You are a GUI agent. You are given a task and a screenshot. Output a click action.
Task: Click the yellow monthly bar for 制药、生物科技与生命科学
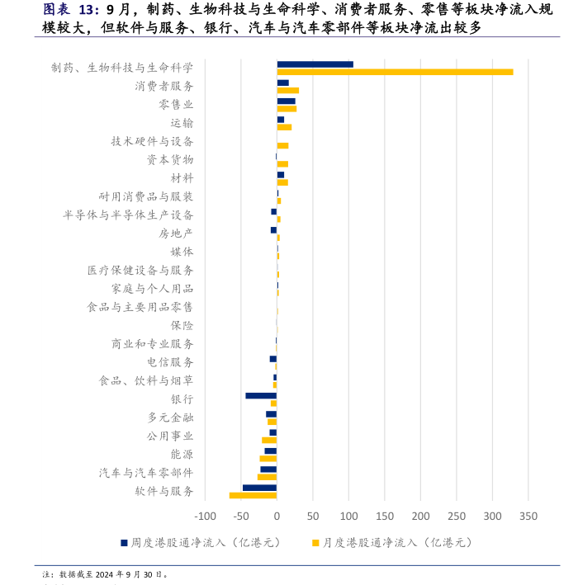(395, 72)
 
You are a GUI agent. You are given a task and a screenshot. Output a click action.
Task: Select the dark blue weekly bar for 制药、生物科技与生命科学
(315, 64)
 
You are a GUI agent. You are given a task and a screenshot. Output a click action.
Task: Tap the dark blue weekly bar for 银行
(261, 396)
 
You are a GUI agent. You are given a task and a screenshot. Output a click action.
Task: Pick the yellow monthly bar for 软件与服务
(253, 495)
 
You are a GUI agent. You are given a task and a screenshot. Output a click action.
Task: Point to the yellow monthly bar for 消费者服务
(287, 90)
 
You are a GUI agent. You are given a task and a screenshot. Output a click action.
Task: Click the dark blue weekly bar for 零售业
(286, 101)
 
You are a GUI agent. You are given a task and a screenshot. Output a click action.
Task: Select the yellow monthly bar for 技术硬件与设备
(282, 145)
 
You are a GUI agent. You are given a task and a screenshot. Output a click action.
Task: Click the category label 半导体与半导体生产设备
(128, 215)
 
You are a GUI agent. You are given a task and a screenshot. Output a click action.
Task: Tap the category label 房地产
(176, 233)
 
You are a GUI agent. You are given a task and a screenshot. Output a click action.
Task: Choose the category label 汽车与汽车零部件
(146, 473)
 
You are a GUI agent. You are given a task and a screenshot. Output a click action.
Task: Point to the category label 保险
(182, 325)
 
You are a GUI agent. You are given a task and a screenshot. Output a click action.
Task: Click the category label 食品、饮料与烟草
(146, 380)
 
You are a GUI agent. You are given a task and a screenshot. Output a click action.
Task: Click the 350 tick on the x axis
(528, 516)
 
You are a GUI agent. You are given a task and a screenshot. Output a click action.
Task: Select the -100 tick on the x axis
(204, 516)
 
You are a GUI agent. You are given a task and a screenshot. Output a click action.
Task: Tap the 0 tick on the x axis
(277, 516)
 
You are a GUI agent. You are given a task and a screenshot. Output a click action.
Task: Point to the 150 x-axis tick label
(385, 516)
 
